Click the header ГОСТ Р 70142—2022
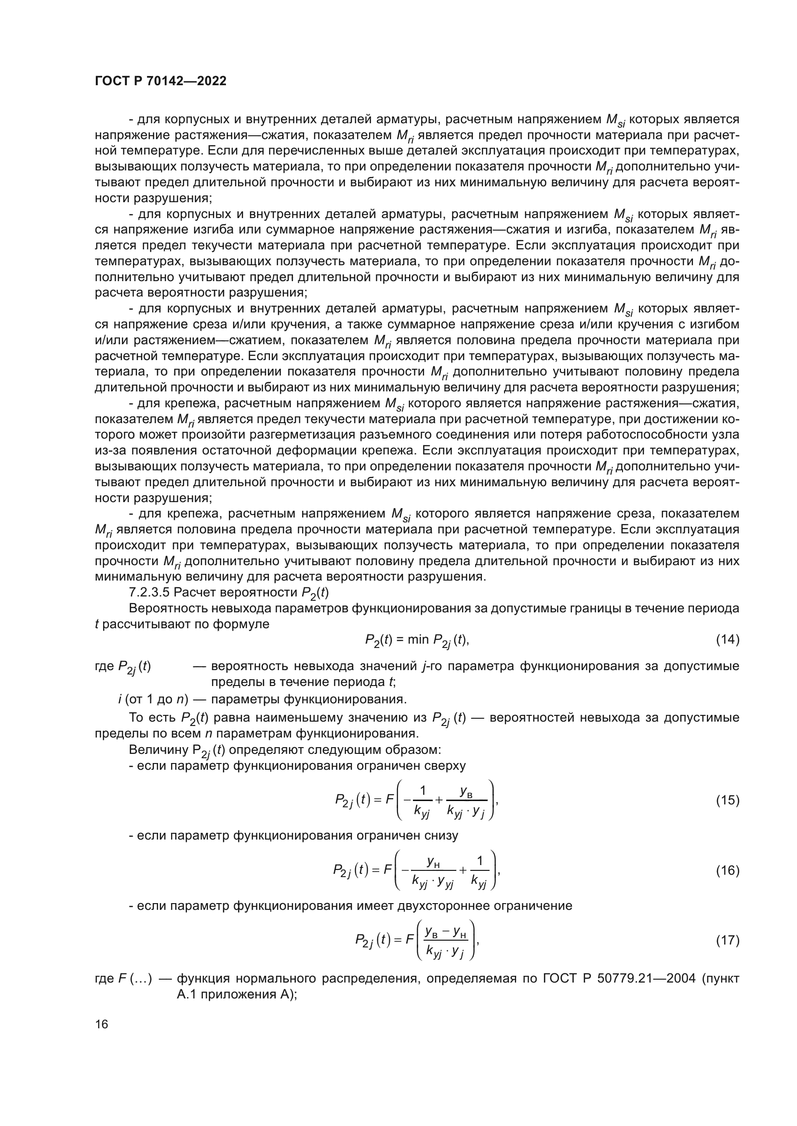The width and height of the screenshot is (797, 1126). [x=160, y=81]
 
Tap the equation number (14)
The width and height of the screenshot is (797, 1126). [x=727, y=639]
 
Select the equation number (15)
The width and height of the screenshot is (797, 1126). [x=727, y=801]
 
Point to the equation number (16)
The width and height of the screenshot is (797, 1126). [x=727, y=870]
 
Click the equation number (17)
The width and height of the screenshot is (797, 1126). [x=727, y=940]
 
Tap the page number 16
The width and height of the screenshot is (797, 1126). [x=102, y=1024]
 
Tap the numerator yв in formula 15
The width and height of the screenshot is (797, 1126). [x=466, y=790]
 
